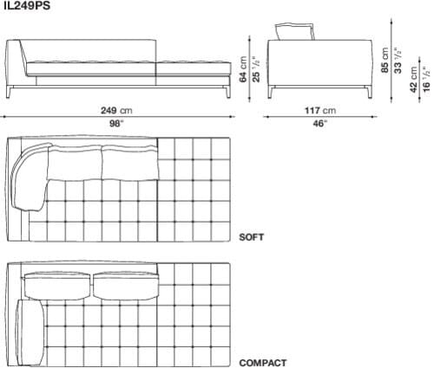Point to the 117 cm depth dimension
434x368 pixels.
[x=316, y=111]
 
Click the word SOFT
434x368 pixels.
[x=252, y=236]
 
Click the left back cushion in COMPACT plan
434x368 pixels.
[x=57, y=283]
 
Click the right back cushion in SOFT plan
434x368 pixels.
[x=128, y=162]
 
